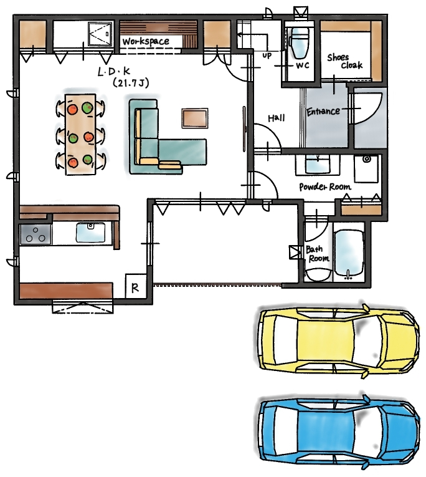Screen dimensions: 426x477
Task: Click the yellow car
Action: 339,340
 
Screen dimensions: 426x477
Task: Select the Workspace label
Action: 146,41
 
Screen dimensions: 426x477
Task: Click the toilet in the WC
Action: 299,42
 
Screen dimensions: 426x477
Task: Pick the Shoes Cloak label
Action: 345,62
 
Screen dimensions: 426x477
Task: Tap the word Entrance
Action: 323,112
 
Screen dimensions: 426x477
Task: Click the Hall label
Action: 277,118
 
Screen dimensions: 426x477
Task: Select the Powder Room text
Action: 325,187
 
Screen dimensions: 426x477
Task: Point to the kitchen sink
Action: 90,233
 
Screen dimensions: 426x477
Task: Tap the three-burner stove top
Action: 35,234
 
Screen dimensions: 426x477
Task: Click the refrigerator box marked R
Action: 135,286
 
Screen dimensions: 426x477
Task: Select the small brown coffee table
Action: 195,118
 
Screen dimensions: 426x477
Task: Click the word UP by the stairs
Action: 267,55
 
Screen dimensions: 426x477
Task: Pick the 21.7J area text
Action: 131,82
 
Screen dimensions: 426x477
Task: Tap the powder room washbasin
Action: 318,165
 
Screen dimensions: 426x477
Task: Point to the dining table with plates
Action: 80,134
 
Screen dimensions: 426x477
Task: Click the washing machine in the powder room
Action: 366,169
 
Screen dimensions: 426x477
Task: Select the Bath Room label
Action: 318,254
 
